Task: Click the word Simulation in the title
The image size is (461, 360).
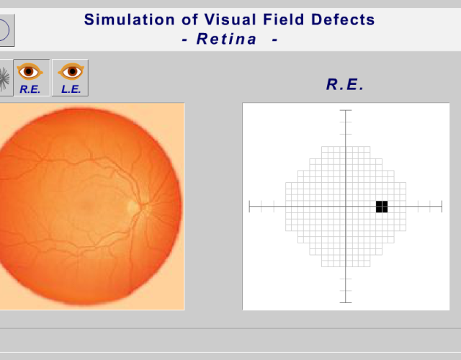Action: pos(130,19)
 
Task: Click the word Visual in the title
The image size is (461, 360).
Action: pos(230,19)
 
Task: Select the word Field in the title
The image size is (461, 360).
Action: pos(283,19)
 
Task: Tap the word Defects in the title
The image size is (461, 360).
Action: pos(343,19)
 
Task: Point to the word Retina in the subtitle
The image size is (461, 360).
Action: pos(226,39)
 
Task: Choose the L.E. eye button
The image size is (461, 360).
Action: pos(70,78)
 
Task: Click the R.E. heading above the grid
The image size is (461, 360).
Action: pos(345,84)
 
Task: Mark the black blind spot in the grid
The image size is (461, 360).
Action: pos(382,207)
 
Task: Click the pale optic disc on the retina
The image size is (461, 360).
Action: pos(133,207)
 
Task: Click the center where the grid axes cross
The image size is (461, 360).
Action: pos(346,207)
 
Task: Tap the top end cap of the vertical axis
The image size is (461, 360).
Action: pos(346,110)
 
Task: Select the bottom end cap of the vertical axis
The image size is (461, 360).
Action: pos(346,302)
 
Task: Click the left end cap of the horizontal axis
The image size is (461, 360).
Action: pos(249,207)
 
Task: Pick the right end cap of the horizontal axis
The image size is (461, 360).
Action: pos(442,207)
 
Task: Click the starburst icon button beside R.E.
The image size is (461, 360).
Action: pos(6,78)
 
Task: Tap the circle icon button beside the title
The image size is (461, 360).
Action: pos(6,30)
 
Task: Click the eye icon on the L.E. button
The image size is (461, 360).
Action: pos(71,71)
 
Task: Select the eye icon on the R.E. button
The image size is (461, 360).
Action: pos(30,71)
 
